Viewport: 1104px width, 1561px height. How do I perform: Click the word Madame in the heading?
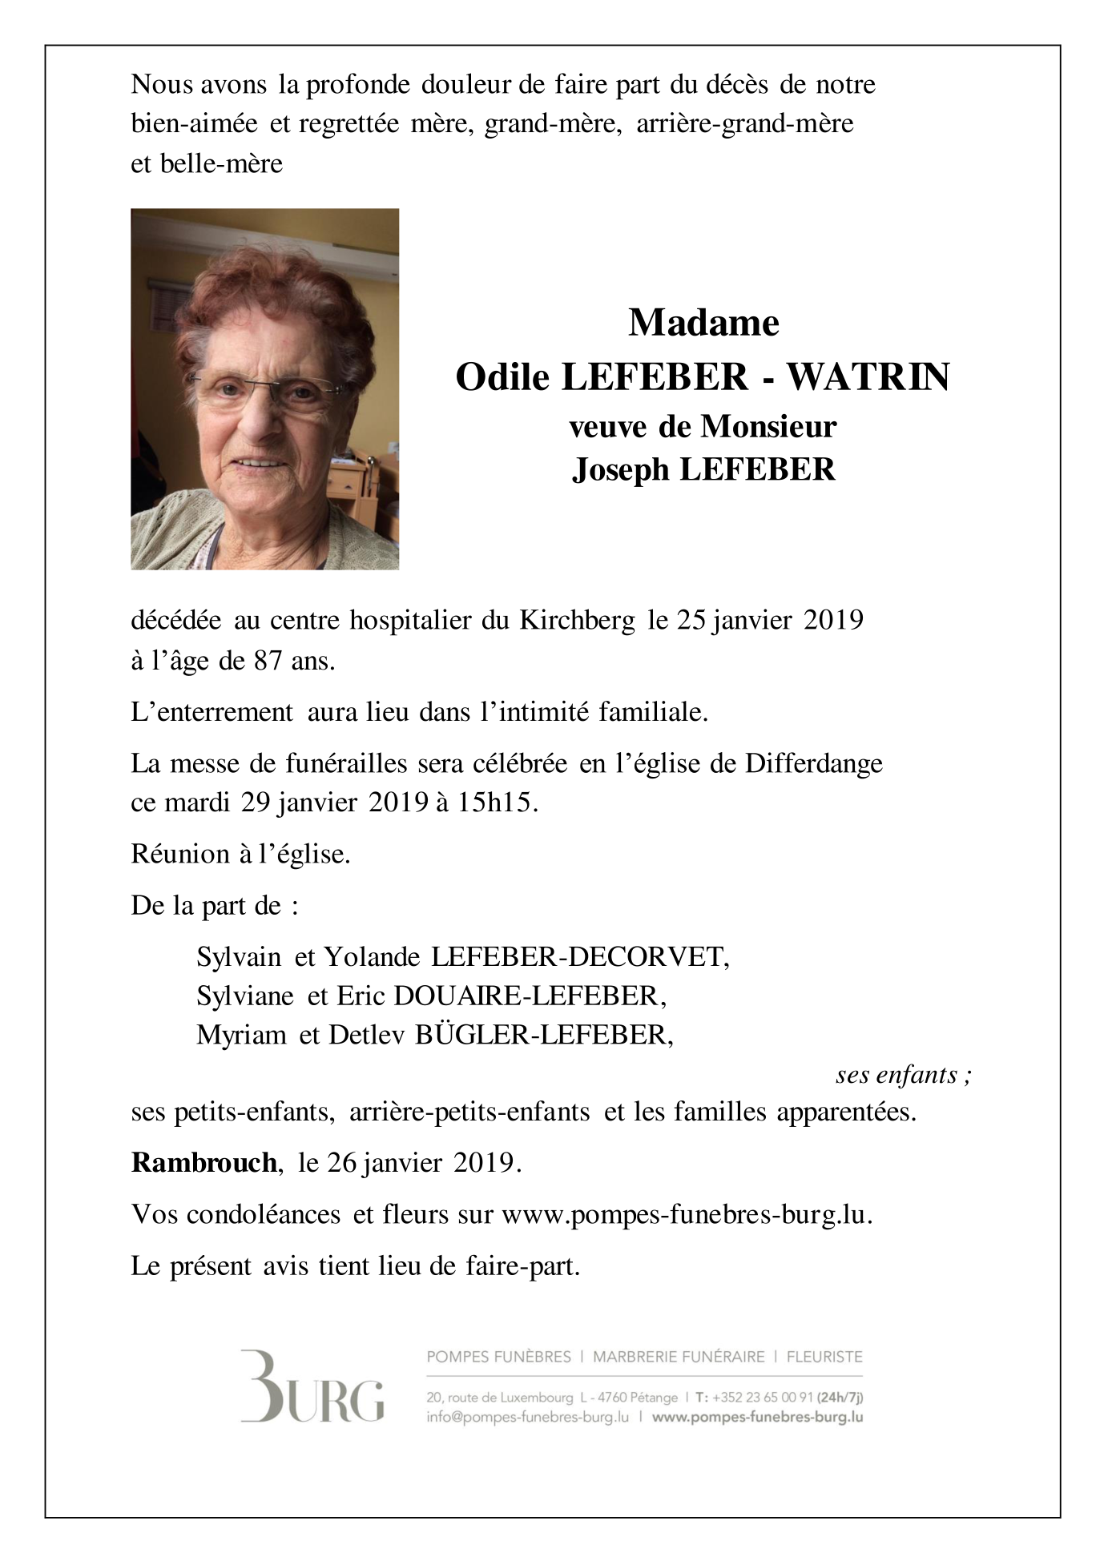coord(703,323)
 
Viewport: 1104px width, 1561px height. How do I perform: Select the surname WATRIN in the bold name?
coord(868,376)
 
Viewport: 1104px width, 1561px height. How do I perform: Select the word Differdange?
coord(814,763)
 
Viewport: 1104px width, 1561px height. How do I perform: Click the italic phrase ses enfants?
coord(903,1074)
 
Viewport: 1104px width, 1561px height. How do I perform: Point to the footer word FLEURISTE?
coord(824,1357)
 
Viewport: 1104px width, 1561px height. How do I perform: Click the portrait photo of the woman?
coord(264,389)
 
